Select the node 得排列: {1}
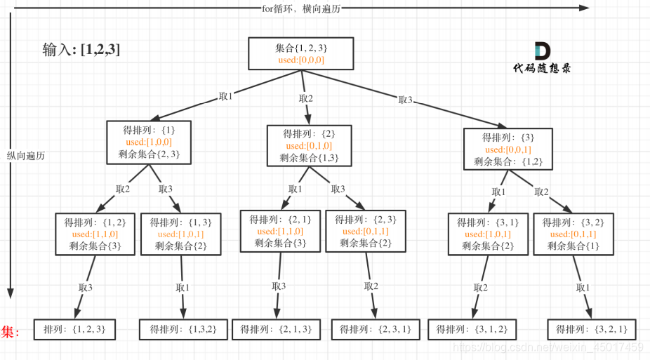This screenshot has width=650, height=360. coord(149,142)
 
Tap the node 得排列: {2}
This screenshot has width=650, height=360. coord(308,145)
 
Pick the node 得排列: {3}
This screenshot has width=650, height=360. coord(508,149)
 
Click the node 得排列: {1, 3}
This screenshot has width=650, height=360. coord(181,234)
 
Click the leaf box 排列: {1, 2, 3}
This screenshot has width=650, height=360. coord(74,328)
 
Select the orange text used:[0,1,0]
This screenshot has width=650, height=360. coord(308,145)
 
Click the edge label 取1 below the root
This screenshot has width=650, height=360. coord(225,96)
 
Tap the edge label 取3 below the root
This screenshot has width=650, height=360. coord(405,100)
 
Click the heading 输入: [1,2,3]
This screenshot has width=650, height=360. coord(81,50)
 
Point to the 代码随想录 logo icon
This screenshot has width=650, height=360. coord(542,51)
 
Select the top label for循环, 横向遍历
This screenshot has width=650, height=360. coord(303,8)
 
